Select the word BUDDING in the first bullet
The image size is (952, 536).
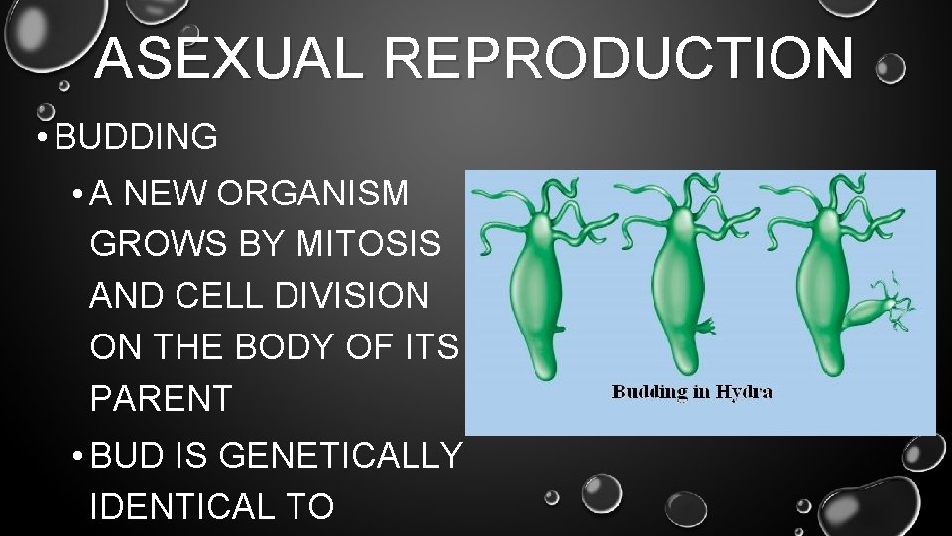coord(137,137)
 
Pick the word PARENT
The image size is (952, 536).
coord(160,398)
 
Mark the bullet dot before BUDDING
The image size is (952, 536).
coord(38,138)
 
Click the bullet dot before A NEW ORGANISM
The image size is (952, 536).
coord(76,196)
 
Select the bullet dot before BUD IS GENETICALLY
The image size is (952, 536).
coord(76,457)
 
